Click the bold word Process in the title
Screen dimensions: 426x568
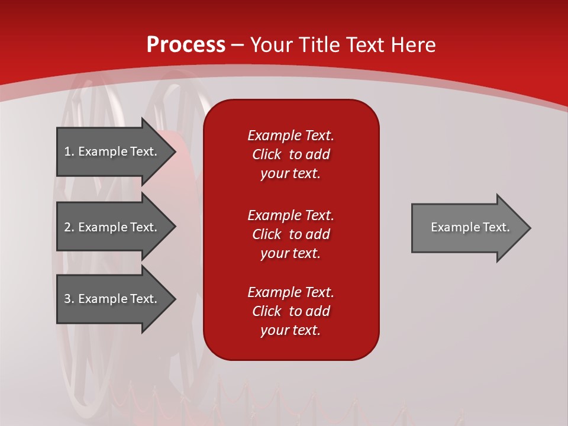tap(186, 44)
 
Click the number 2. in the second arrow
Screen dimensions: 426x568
tap(69, 227)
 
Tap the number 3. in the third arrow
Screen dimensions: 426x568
tap(69, 299)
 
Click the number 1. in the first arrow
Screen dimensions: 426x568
tap(69, 151)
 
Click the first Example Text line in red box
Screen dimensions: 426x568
tap(291, 135)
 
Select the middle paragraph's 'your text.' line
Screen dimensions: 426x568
tap(291, 253)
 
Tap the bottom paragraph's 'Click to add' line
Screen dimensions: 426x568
tap(291, 311)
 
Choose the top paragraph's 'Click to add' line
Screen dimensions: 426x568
tap(291, 154)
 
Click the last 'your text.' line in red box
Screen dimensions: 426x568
tap(291, 330)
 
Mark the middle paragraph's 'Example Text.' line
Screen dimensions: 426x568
tap(291, 215)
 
